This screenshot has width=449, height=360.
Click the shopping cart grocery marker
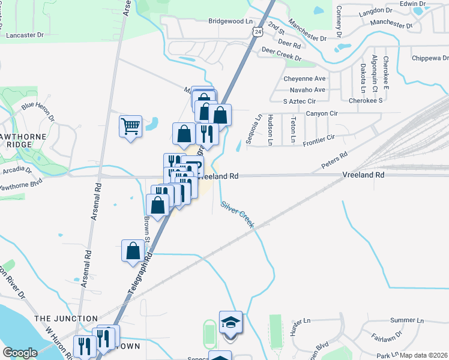pos(130,127)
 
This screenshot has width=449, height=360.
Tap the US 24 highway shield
pos(257,32)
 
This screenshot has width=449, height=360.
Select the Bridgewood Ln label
pos(230,20)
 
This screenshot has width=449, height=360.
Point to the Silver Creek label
pos(238,214)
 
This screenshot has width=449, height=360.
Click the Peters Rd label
pos(334,160)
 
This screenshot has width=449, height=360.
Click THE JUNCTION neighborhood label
pos(66,319)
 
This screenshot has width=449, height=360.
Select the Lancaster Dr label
pos(25,35)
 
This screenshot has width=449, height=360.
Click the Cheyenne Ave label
pos(304,79)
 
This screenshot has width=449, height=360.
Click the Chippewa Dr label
pos(430,58)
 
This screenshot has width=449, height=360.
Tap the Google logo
pos(20,353)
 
